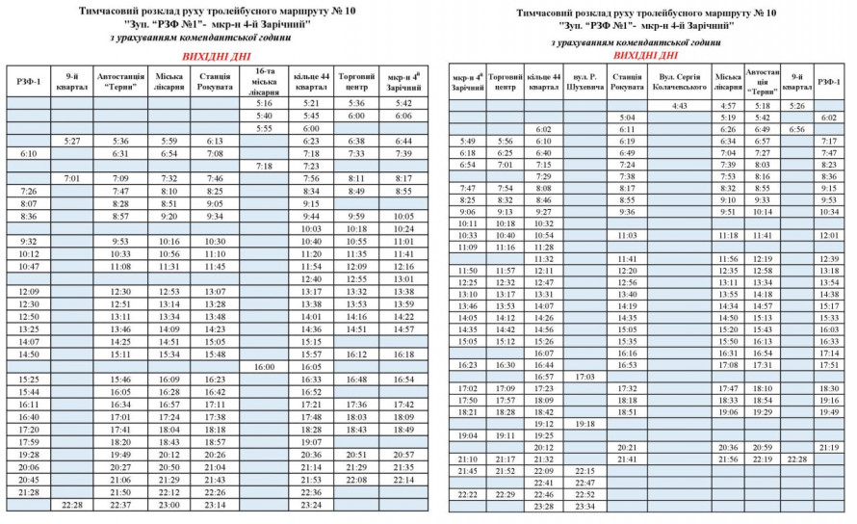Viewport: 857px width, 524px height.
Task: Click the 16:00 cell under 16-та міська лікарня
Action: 265,367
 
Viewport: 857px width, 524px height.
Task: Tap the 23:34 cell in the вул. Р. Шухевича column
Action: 584,506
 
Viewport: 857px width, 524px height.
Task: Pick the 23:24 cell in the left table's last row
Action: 310,505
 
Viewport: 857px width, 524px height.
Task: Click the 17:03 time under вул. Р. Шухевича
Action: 584,377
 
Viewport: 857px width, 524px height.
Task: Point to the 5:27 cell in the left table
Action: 71,141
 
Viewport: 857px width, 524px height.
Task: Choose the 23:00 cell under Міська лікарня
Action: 169,505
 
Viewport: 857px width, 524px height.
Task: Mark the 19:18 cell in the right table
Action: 584,424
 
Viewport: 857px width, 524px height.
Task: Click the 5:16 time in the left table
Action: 265,102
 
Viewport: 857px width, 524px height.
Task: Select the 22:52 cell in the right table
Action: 584,494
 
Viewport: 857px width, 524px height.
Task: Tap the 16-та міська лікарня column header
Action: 265,80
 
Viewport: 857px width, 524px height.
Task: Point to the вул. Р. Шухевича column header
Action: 584,81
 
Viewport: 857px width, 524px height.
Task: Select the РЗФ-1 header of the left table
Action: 29,80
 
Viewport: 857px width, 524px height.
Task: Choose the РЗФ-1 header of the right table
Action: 829,81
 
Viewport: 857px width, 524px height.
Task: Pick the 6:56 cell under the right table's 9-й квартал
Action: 796,128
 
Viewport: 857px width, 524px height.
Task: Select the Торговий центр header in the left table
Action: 356,80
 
